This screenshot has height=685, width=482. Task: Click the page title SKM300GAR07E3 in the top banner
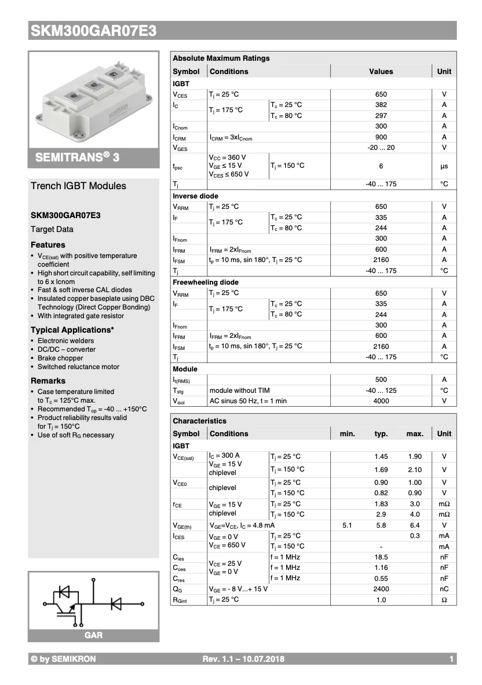[93, 31]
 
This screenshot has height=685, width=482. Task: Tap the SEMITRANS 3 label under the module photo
[77, 157]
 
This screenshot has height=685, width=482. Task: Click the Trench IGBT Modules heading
[78, 186]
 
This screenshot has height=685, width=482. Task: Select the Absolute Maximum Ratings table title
[221, 58]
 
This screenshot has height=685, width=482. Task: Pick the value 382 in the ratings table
[381, 105]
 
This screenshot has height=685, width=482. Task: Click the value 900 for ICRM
[381, 137]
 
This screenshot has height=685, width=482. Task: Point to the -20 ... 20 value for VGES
[381, 148]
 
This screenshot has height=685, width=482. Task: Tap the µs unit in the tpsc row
[444, 166]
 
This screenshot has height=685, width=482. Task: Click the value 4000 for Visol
[381, 401]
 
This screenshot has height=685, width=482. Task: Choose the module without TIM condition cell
[239, 391]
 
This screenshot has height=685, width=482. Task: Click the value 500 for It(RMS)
[381, 380]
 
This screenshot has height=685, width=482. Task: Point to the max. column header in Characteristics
[415, 433]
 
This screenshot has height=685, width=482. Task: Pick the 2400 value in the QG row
[381, 589]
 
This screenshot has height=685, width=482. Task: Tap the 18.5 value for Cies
[381, 557]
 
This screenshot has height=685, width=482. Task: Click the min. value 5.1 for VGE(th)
[347, 525]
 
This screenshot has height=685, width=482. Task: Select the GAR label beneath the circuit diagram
[93, 635]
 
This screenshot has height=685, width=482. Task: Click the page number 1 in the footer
[451, 659]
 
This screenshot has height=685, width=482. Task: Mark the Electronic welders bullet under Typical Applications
[65, 341]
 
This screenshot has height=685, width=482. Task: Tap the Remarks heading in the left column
[48, 381]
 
